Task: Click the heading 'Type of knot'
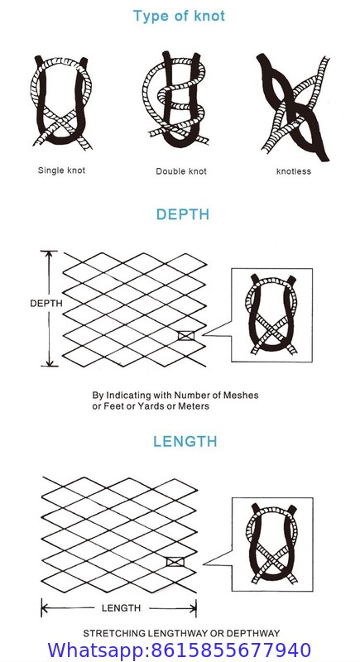point(179,17)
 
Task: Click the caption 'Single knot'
point(61,170)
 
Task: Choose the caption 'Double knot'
point(181,171)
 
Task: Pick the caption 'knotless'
point(294,171)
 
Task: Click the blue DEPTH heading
point(183,214)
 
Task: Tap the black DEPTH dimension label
point(46,303)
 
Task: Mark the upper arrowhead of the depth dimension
point(49,253)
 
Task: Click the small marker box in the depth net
point(186,336)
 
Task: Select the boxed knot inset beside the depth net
point(272,315)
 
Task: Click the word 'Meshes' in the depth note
point(242,396)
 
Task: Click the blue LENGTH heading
point(185,442)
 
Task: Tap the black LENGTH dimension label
point(121,608)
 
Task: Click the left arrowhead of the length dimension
point(44,609)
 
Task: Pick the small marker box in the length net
point(175,562)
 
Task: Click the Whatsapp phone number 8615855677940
point(231,650)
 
